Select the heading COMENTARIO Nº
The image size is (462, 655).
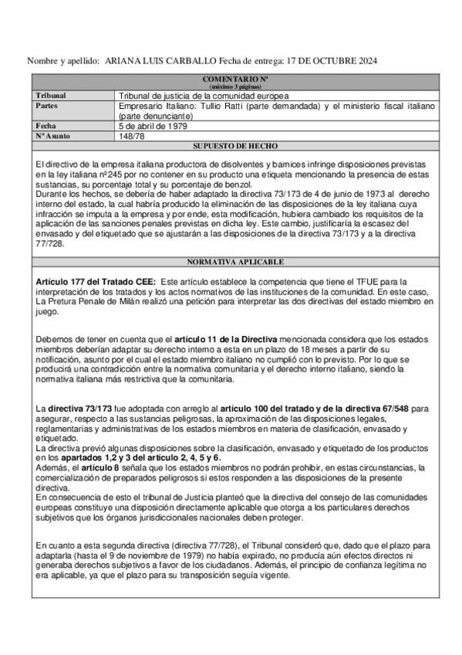point(235,79)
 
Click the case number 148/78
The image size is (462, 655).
point(132,135)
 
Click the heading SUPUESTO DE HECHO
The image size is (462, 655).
point(235,145)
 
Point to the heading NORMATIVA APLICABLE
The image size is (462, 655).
point(235,262)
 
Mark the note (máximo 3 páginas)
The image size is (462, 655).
point(235,87)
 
